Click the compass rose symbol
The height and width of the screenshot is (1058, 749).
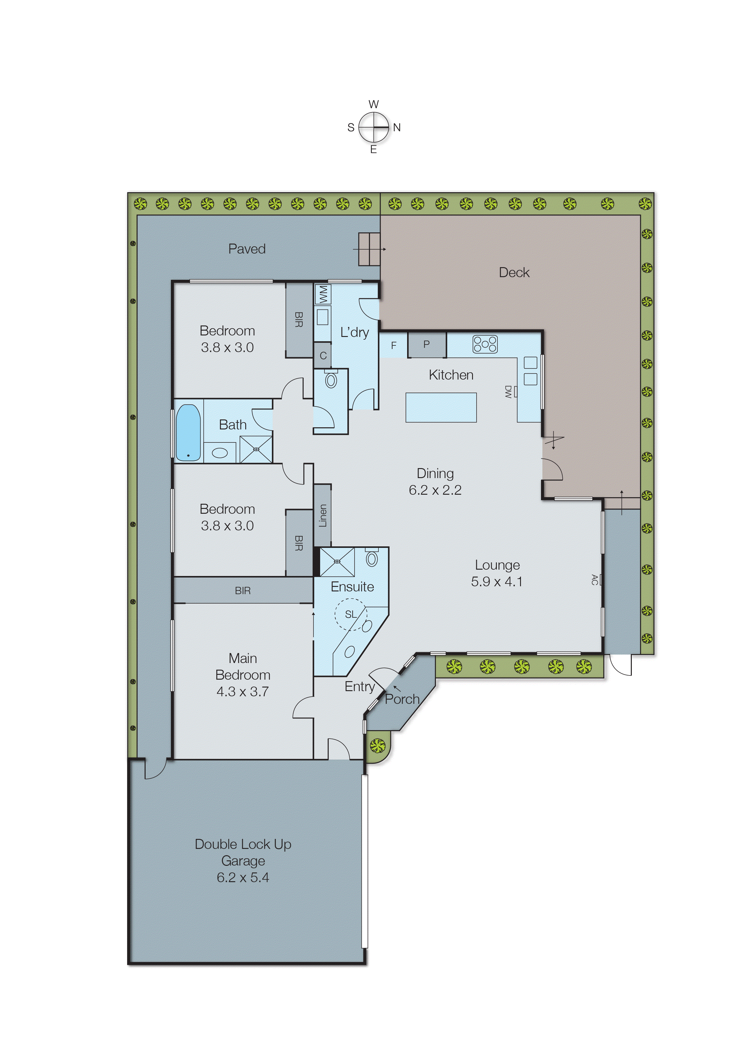tap(374, 127)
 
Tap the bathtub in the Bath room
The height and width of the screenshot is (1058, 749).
tap(188, 432)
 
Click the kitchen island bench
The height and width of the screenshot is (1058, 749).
tap(441, 407)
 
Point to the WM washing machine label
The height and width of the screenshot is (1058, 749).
tap(323, 294)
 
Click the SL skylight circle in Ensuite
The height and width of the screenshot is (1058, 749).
tap(351, 614)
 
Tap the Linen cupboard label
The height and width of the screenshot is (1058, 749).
tap(323, 515)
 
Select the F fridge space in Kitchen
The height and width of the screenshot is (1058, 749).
tap(394, 345)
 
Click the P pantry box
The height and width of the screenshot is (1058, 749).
tap(427, 344)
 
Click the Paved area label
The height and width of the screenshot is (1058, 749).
tap(247, 249)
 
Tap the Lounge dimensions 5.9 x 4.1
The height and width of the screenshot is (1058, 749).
tap(497, 581)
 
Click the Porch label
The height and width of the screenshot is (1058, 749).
tap(402, 699)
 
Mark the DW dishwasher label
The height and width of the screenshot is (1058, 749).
tap(508, 392)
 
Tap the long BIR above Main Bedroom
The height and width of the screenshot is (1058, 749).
tap(243, 590)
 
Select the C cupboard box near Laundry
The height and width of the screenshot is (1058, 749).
tap(323, 355)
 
